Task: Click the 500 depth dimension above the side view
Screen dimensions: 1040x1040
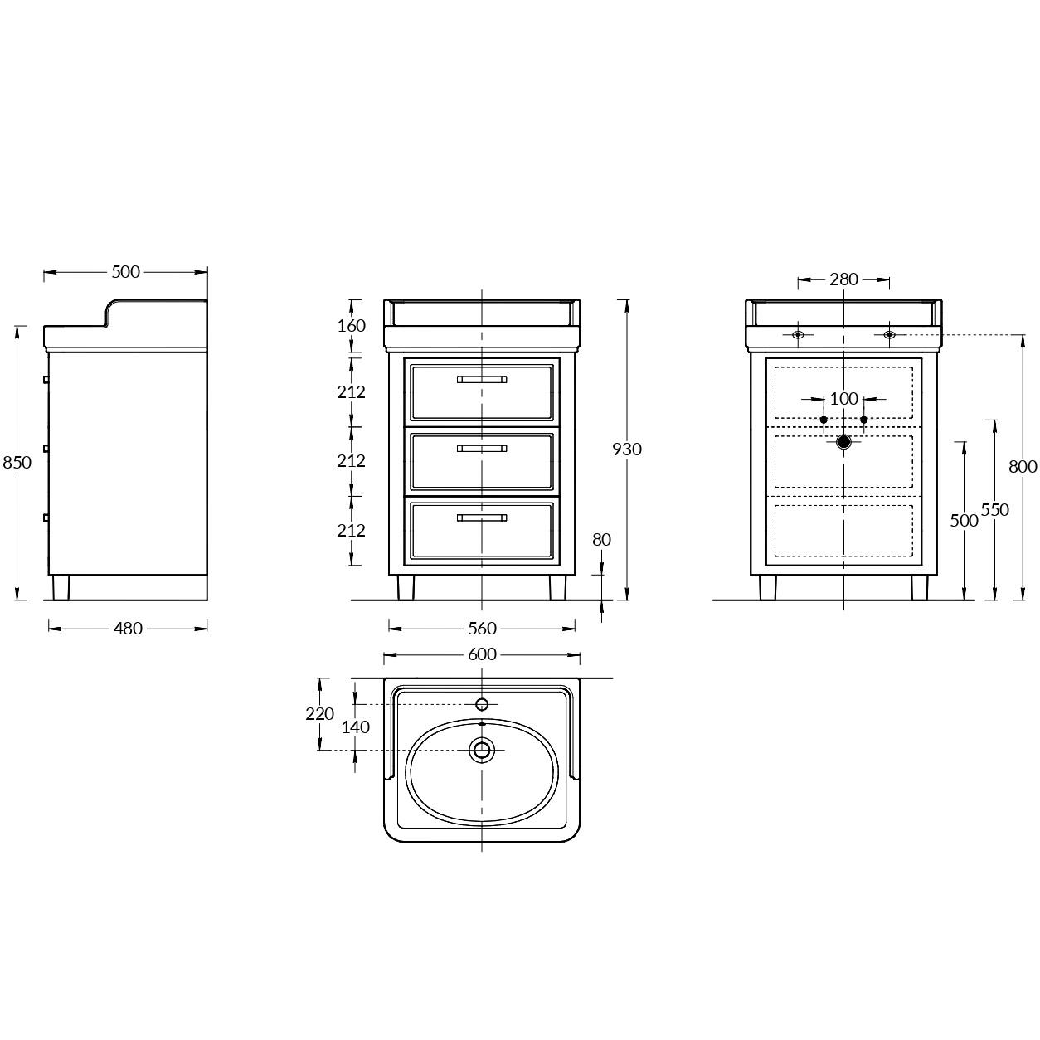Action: (126, 272)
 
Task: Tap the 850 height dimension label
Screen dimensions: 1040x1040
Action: (17, 463)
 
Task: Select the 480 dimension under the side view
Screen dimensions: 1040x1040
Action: (129, 628)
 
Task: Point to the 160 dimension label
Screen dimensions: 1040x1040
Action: (352, 326)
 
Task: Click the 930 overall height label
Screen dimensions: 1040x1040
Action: (627, 449)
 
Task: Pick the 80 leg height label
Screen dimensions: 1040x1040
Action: (602, 540)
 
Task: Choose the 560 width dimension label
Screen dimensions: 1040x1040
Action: (482, 628)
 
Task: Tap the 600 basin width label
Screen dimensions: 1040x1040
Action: (482, 654)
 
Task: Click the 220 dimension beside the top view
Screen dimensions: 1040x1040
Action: (319, 713)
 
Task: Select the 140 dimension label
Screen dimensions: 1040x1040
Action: (356, 727)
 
